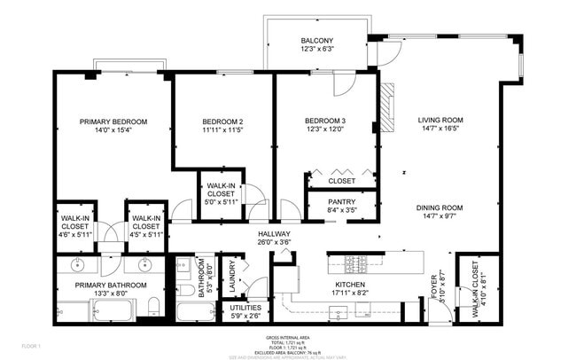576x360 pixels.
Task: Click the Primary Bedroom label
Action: (113, 121)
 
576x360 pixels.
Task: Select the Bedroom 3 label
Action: (325, 121)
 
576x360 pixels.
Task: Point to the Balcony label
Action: (316, 42)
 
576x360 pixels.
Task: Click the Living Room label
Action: (440, 120)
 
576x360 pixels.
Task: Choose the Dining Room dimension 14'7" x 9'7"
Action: (440, 217)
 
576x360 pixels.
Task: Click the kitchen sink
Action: (338, 310)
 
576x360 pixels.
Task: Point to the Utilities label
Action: (245, 308)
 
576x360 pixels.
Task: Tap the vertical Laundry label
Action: (233, 277)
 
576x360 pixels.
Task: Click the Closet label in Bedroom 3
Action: (341, 181)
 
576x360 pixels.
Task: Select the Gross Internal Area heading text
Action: (288, 338)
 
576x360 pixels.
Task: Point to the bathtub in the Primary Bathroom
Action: (113, 310)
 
